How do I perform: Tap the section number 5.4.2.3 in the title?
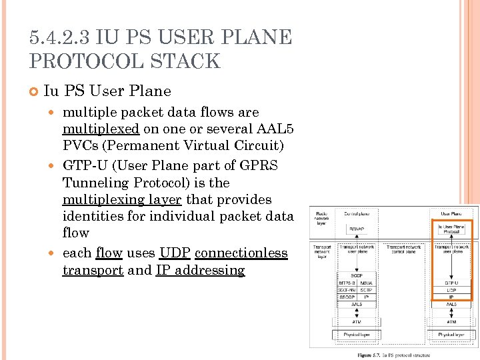(x=59, y=37)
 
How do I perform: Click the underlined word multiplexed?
(x=101, y=129)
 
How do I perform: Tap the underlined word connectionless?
(x=241, y=253)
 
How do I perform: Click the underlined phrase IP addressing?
(x=200, y=270)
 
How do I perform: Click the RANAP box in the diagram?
(x=357, y=229)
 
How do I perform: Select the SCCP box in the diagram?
(x=357, y=275)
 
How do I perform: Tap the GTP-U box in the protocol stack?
(x=451, y=283)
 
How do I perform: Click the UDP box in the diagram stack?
(x=451, y=290)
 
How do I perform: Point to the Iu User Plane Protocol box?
(x=451, y=229)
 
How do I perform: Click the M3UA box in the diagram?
(x=365, y=283)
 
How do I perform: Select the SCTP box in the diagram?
(x=365, y=290)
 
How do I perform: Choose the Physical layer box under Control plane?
(x=357, y=334)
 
